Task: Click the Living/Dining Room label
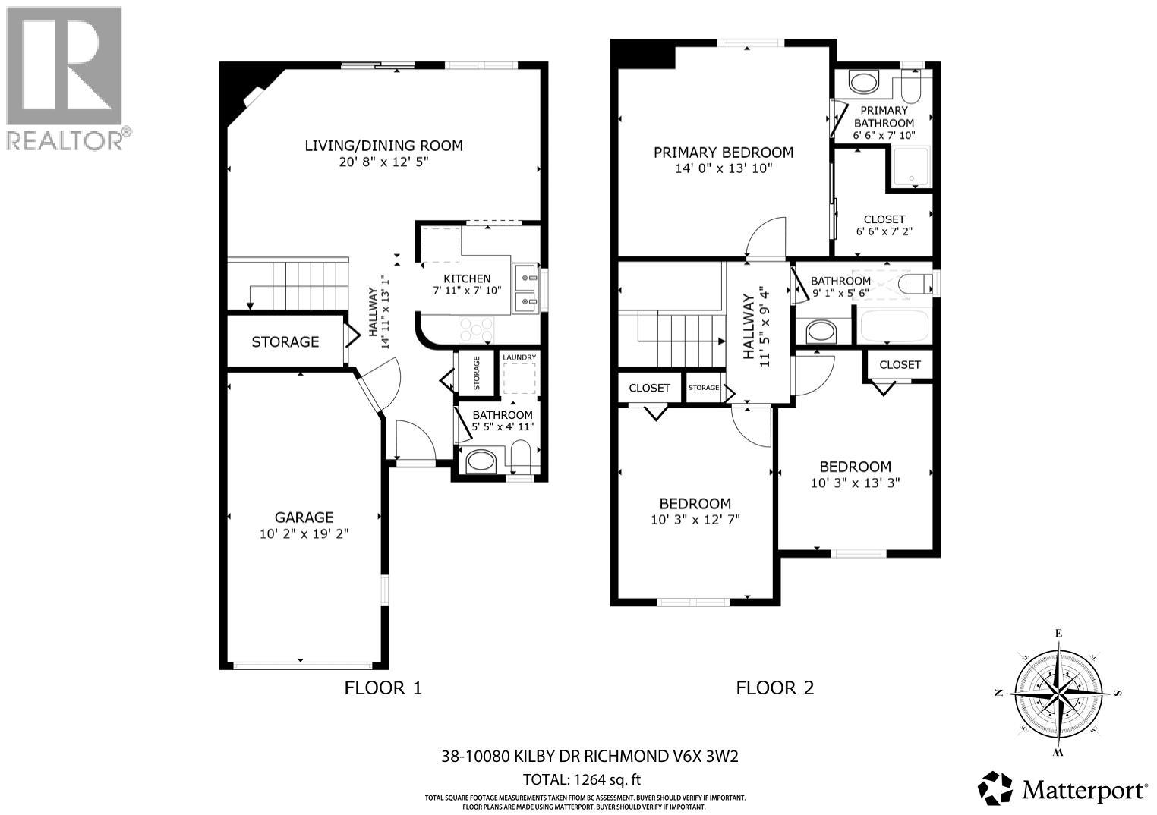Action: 383,146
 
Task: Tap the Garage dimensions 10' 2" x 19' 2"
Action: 304,534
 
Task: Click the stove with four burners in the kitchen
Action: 476,329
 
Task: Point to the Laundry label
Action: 519,357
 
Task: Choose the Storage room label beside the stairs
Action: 285,342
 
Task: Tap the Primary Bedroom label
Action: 723,153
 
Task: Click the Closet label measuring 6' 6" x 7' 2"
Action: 884,219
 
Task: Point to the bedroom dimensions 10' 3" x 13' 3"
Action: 855,482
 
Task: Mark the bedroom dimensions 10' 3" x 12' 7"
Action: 695,519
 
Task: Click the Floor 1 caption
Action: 383,688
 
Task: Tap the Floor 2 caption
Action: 774,688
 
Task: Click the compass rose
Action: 1057,693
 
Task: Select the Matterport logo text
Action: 1084,790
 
